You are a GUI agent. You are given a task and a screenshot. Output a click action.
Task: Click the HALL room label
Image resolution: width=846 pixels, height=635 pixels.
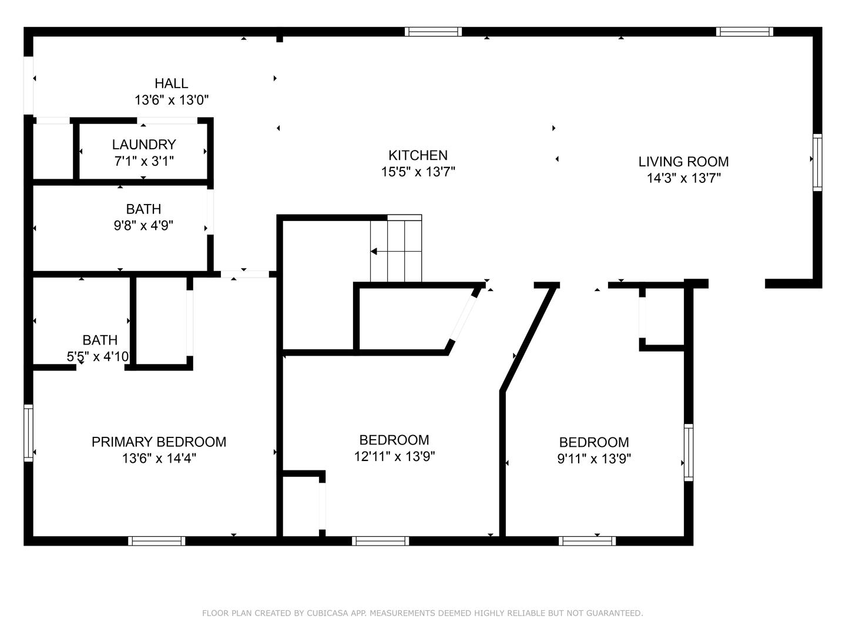172,83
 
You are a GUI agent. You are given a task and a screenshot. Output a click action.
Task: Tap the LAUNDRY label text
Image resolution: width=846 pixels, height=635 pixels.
144,145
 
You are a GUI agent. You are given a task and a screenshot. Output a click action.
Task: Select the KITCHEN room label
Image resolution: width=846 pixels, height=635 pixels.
418,155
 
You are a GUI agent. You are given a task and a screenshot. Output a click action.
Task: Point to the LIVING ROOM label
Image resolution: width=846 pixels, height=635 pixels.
683,162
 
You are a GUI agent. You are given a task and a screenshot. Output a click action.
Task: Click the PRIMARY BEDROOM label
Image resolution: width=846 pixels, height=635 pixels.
159,442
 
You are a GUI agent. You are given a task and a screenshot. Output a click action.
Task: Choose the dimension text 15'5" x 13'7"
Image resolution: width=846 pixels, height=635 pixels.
418,172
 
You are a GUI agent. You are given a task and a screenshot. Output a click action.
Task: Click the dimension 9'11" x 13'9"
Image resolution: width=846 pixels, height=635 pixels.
594,459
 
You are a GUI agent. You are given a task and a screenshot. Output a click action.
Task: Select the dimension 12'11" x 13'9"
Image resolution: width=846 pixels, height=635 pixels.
394,456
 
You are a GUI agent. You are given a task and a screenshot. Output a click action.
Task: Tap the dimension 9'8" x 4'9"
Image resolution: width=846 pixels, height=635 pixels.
143,225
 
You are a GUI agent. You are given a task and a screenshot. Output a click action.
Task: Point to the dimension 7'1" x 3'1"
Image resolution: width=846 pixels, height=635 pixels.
144,161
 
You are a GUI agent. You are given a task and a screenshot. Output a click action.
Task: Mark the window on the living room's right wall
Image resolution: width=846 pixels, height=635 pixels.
817,162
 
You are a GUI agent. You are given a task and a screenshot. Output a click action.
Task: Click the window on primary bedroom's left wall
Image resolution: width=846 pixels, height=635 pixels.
29,433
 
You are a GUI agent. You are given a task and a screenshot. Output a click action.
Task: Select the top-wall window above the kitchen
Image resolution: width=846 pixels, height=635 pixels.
433,32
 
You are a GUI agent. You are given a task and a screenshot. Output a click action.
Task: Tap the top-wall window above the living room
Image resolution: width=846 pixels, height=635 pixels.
744,32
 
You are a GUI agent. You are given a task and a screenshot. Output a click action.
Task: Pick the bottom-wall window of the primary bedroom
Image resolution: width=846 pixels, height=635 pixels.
156,541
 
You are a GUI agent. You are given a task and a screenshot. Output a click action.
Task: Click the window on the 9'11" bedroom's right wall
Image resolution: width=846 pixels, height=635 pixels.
689,452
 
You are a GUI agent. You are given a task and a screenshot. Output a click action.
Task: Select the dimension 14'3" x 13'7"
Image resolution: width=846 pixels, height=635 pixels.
684,179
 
